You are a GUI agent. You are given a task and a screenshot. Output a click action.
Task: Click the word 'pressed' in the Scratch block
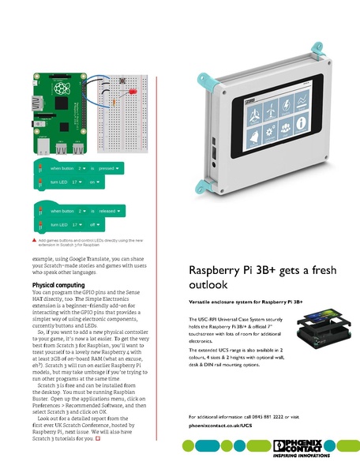point(107,168)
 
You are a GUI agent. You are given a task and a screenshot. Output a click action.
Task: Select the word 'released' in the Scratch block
point(107,211)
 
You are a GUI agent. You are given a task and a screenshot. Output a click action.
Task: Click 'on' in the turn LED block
point(92,182)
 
